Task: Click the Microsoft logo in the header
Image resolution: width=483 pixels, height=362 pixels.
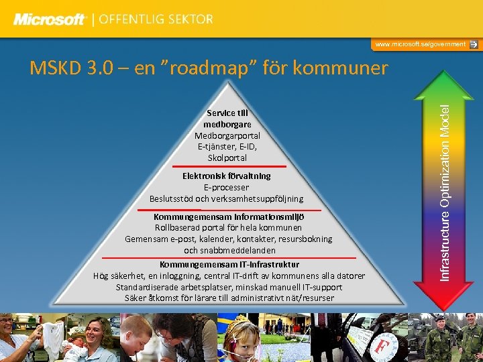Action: click(50, 19)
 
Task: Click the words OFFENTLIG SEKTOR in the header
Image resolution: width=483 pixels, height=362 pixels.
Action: click(156, 19)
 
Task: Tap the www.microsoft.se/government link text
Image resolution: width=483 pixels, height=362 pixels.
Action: click(420, 44)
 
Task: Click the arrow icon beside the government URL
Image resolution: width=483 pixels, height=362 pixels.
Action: click(474, 44)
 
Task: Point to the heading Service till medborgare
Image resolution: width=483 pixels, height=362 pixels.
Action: click(227, 119)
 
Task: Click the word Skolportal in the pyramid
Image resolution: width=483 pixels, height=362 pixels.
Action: click(227, 158)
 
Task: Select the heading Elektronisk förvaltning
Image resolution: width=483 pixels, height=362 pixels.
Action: click(227, 176)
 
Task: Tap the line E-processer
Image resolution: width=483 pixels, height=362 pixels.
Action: click(227, 187)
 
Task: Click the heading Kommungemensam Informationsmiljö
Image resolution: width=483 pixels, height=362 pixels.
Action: click(229, 217)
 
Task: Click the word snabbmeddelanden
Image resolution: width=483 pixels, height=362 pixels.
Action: click(229, 250)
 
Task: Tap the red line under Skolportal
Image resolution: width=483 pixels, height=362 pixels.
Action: click(227, 166)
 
